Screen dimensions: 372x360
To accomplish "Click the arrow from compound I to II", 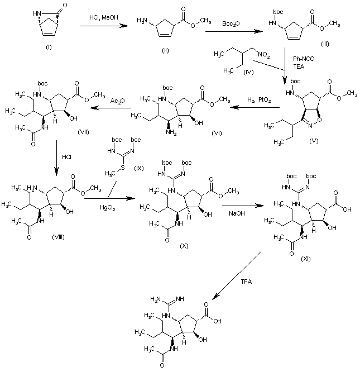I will (x=101, y=26).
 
